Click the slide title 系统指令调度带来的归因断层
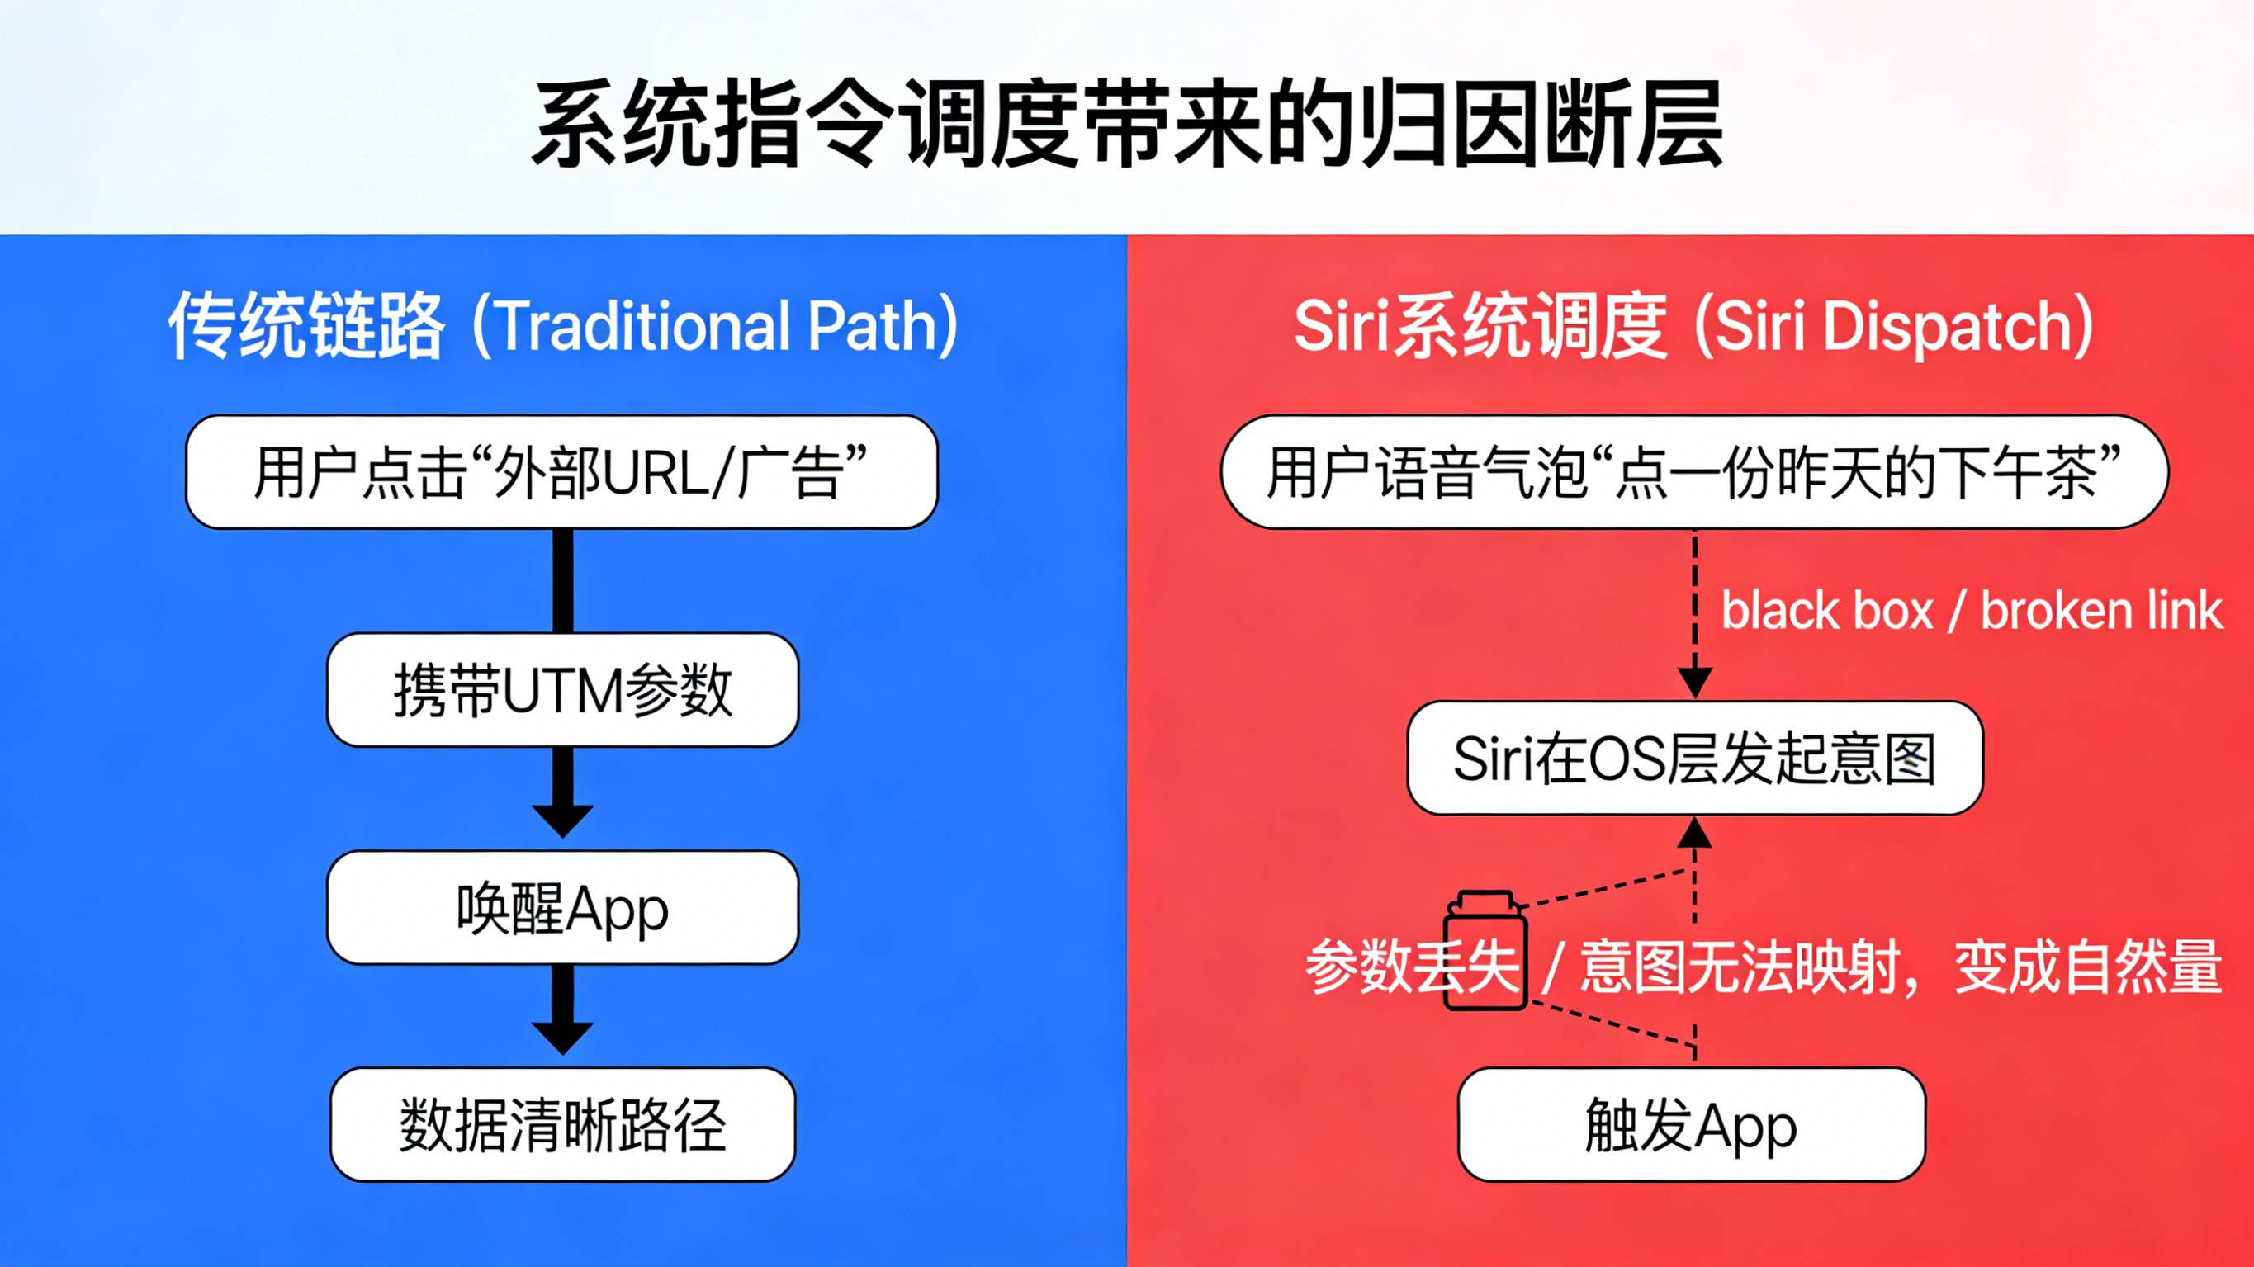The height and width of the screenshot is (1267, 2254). (1127, 125)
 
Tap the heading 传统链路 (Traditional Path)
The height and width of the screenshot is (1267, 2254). (562, 325)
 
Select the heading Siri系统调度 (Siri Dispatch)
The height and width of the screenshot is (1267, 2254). (1693, 325)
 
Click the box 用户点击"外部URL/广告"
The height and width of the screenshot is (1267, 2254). (561, 472)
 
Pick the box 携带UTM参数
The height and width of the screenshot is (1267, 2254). (562, 690)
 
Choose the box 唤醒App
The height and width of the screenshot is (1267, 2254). (562, 908)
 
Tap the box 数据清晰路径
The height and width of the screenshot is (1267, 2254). (562, 1125)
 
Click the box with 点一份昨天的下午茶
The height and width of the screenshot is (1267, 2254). (1694, 472)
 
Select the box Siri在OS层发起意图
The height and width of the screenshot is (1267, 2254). (1694, 759)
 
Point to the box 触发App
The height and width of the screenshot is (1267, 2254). (1691, 1125)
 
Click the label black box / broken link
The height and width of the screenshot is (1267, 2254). (1971, 611)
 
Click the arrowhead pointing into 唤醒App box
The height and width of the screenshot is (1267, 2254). (562, 820)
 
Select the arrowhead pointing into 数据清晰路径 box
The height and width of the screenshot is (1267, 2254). (562, 1038)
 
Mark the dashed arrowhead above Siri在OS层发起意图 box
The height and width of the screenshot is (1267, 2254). (1695, 682)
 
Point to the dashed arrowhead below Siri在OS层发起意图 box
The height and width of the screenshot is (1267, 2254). (1695, 834)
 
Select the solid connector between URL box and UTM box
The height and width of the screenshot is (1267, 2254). (562, 580)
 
